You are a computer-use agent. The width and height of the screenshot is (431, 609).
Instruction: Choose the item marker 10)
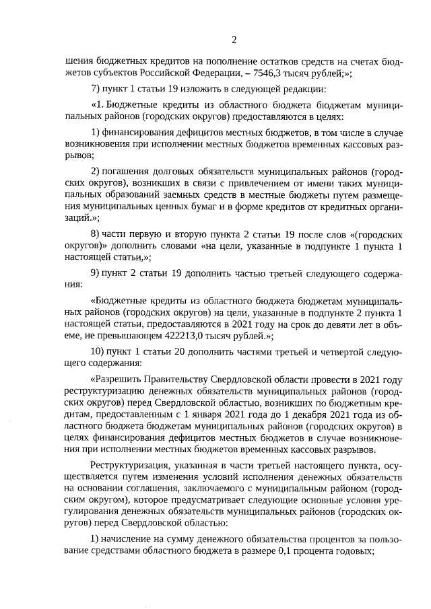(x=98, y=352)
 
